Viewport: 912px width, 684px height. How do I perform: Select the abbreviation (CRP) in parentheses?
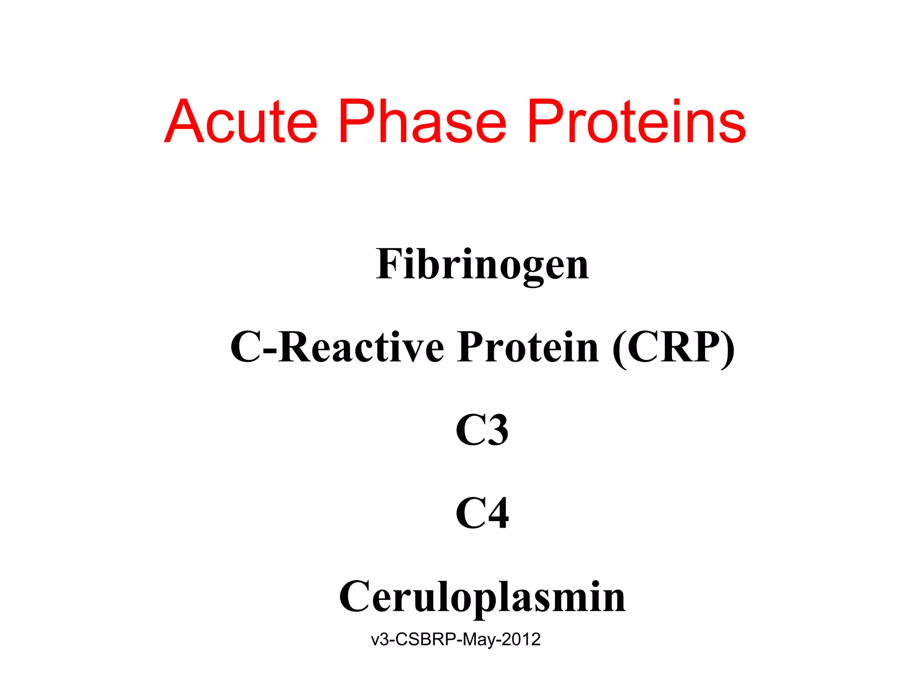click(673, 347)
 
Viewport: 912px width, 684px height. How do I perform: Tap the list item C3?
click(482, 430)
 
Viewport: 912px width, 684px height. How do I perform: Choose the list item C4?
click(482, 513)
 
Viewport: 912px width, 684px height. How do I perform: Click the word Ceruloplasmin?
click(482, 597)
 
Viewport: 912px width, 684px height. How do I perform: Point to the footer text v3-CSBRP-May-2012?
click(456, 639)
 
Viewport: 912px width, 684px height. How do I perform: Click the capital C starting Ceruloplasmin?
click(355, 597)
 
